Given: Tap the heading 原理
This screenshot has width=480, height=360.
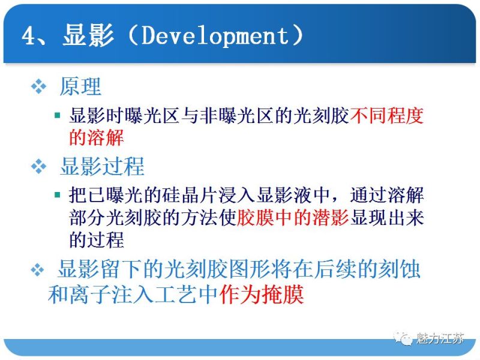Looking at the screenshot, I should (80, 87).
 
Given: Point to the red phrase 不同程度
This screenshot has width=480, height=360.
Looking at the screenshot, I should (387, 116).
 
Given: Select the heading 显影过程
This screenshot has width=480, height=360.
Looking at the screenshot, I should (102, 166).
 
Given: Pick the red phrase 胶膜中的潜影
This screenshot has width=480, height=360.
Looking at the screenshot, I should (293, 218).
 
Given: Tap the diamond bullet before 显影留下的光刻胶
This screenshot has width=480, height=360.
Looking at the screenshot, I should (38, 270).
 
